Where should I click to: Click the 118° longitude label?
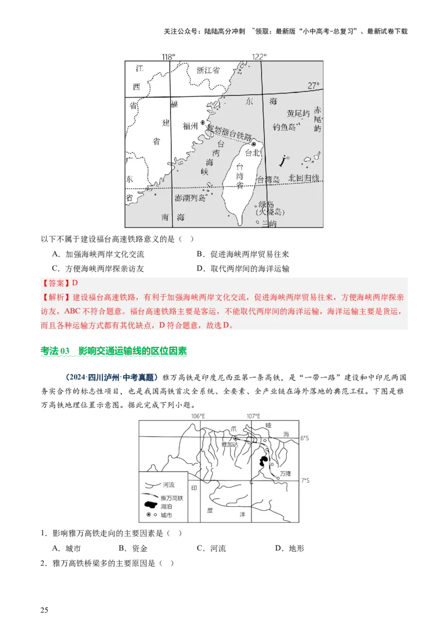tap(169, 57)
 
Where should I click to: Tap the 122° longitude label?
tap(259, 57)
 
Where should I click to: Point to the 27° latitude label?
tap(314, 86)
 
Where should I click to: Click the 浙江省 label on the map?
tap(208, 71)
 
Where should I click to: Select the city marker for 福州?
tap(203, 122)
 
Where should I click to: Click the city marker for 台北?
tap(254, 144)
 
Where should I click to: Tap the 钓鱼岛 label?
tap(284, 127)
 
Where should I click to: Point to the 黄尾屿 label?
tap(297, 113)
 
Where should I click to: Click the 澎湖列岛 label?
tap(190, 198)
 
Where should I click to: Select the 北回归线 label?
tap(304, 178)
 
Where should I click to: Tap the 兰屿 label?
tap(269, 223)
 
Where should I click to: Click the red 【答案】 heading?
tap(56, 283)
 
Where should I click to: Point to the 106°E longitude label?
tap(198, 416)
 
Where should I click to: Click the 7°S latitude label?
tap(305, 481)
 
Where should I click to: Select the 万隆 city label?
tap(286, 473)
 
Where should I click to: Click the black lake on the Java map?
tap(262, 462)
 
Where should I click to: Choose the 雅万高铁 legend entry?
tap(172, 497)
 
